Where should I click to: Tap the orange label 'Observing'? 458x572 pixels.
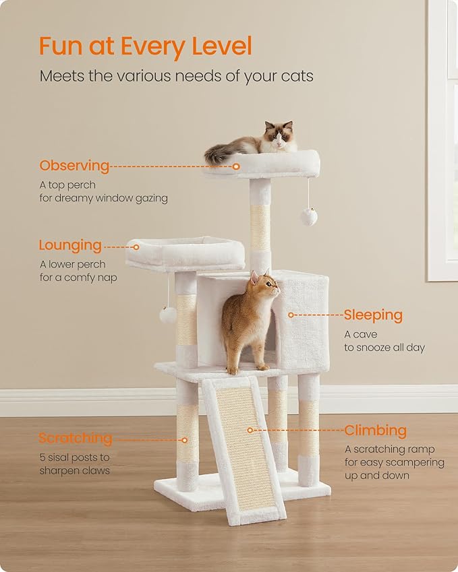point(74,166)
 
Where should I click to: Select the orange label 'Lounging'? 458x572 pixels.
point(70,245)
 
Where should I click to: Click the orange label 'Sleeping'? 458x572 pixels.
point(372,315)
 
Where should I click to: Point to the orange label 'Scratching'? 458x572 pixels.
point(75,438)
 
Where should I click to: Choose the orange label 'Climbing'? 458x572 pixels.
point(376,430)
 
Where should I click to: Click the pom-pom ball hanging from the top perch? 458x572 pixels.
point(309,216)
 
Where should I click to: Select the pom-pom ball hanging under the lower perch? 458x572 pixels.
point(168,314)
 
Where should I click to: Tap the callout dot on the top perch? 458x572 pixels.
point(237,166)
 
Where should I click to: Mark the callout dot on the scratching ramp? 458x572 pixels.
point(250,430)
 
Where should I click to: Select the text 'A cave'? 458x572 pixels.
point(361,334)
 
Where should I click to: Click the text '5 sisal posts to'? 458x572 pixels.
point(74,457)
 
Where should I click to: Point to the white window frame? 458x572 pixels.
point(442,135)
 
